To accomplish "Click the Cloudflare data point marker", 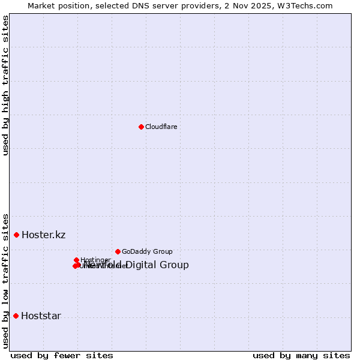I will tap(141, 127).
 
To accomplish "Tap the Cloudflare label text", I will tap(161, 127).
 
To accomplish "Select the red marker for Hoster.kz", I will tap(17, 235).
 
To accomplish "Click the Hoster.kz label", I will tap(43, 235).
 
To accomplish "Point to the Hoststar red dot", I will tap(16, 316).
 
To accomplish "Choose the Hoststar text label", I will tap(41, 316).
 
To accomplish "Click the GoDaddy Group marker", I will tap(118, 251).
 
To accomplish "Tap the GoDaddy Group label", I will tap(147, 252).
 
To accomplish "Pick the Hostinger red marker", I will tap(77, 260).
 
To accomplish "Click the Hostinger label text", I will tap(95, 260).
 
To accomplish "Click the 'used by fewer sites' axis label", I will tap(62, 355).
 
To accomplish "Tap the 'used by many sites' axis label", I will tap(301, 355).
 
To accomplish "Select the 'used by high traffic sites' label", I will tap(5, 85).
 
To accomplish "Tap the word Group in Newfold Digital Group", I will tap(175, 265).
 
